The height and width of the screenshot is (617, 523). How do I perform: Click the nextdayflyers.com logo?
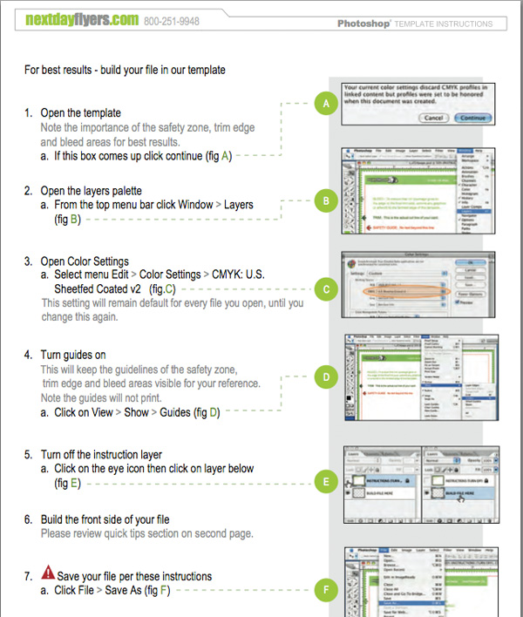pos(81,18)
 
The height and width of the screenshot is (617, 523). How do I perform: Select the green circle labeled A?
pos(325,105)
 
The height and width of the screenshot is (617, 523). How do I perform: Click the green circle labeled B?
pos(325,201)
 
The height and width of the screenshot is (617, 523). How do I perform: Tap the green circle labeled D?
pos(325,378)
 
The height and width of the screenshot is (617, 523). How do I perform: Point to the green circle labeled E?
pos(325,480)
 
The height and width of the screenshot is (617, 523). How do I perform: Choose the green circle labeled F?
pos(325,590)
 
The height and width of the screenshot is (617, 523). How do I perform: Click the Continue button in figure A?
pos(472,117)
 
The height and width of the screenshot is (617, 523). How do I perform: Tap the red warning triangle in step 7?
pos(48,575)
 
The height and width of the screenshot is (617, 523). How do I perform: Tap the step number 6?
pos(29,519)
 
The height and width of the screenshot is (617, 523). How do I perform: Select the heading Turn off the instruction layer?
pos(101,454)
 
